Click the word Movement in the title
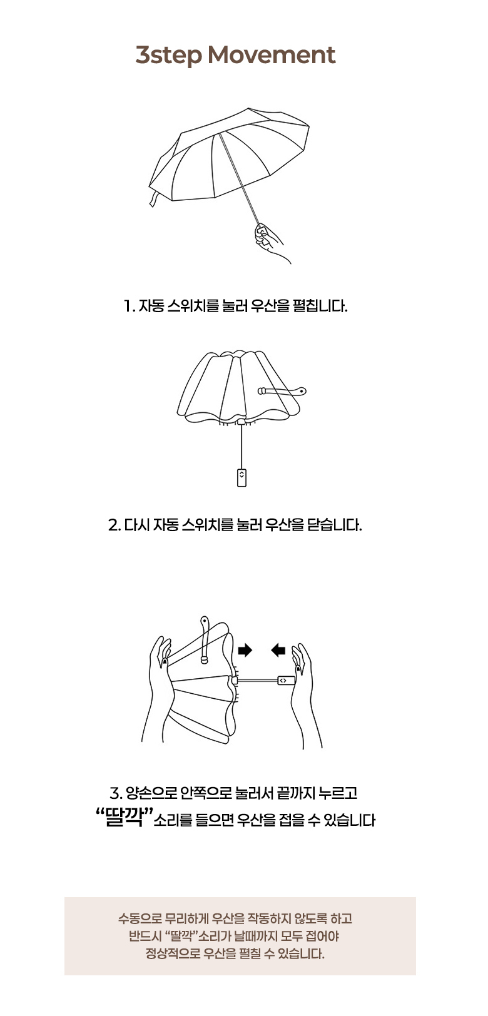(271, 55)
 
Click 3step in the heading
(169, 56)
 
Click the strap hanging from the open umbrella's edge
(155, 199)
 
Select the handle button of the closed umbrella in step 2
(241, 477)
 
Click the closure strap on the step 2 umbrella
(282, 391)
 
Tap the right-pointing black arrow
(245, 651)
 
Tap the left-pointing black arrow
(278, 651)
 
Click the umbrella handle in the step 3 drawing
(286, 681)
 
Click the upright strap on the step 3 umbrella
(205, 639)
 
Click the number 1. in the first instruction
(130, 306)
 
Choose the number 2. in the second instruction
(114, 526)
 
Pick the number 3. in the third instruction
(116, 793)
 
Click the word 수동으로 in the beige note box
(140, 919)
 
